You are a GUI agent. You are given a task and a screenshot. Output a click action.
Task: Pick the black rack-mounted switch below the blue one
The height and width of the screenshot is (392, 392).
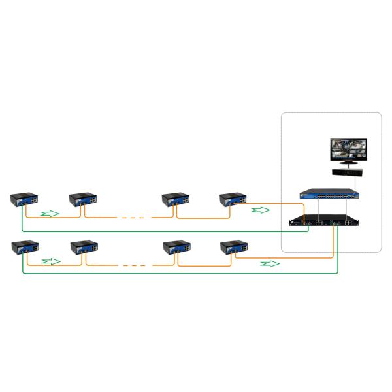pos(325,221)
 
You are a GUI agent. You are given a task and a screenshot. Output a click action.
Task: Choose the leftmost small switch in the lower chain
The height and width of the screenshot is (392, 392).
pos(24,248)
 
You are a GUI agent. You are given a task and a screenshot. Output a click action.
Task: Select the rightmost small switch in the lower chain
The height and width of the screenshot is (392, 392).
pos(234,248)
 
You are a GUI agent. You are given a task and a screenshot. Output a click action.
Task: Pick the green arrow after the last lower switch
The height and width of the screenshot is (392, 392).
pos(270,263)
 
